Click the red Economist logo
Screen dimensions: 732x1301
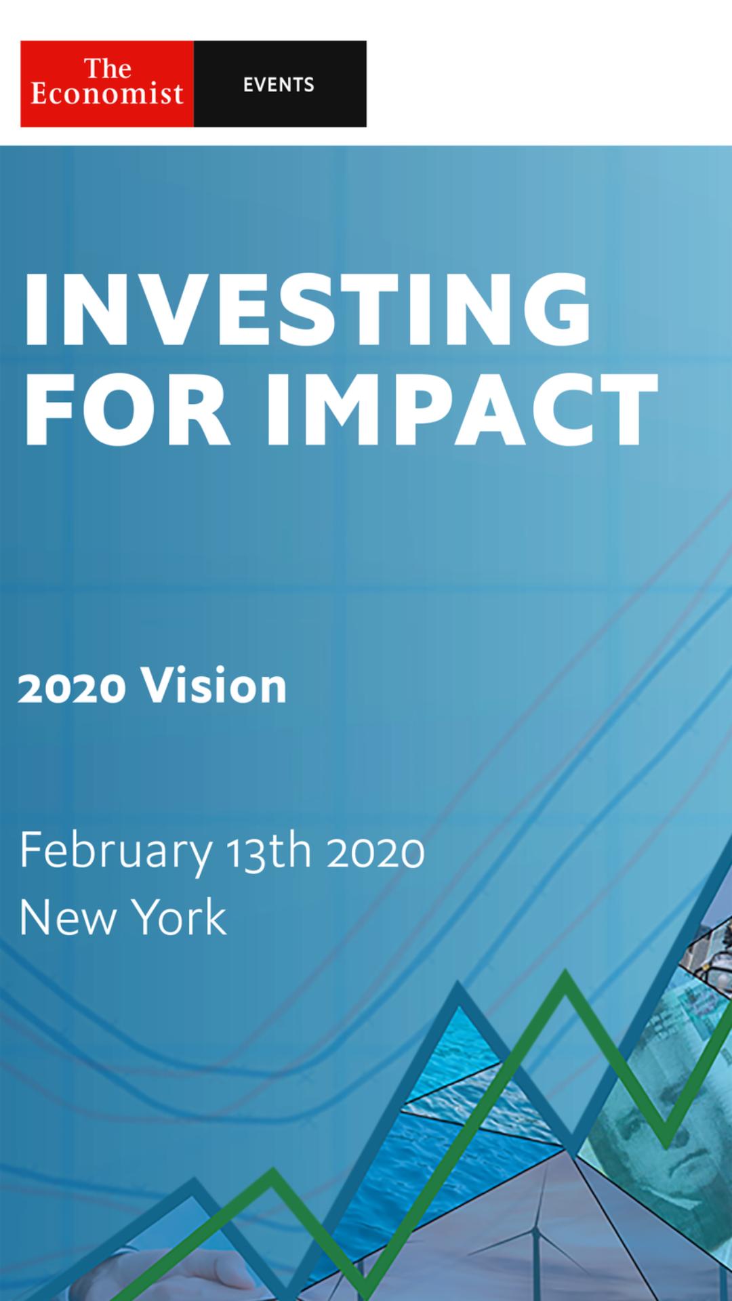click(x=107, y=84)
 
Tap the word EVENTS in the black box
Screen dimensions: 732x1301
click(x=279, y=85)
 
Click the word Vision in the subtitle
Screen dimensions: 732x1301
click(x=214, y=686)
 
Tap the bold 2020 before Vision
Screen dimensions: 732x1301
click(x=72, y=688)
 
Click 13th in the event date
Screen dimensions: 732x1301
click(x=269, y=851)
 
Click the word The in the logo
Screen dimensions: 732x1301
click(x=107, y=68)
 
